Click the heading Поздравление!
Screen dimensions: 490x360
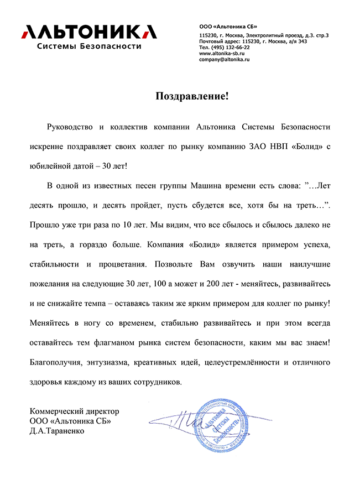click(x=191, y=96)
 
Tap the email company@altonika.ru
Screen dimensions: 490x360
click(x=225, y=59)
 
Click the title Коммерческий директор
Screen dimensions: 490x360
click(x=74, y=412)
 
